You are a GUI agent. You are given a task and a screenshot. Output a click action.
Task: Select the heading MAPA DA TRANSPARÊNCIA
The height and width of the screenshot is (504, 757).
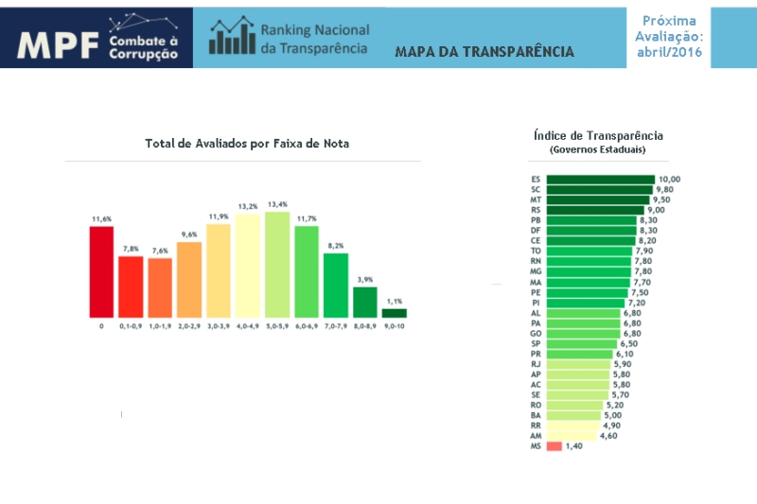coord(484,51)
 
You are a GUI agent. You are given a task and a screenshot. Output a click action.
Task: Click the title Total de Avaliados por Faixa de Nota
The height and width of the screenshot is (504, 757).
coord(247,144)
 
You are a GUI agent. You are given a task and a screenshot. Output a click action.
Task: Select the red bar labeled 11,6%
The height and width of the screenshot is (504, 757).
coord(101,271)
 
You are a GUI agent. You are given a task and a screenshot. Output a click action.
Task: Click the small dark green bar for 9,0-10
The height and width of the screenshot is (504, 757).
coord(394,312)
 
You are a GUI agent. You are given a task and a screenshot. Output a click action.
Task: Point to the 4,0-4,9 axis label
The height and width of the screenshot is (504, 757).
coord(248,326)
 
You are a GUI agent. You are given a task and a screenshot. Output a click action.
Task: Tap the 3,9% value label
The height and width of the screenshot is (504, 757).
coord(364,280)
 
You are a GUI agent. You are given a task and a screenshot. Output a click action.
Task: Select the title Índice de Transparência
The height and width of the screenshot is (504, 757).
coord(598,135)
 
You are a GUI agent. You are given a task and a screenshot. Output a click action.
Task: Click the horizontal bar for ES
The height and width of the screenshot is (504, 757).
coord(600,179)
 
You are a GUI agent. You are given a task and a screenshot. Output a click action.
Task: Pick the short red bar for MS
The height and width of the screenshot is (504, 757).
coord(554,445)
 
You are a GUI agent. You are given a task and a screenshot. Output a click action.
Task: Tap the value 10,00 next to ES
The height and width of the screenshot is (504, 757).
coord(669,179)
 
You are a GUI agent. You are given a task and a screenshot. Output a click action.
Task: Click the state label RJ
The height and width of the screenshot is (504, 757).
coord(537,364)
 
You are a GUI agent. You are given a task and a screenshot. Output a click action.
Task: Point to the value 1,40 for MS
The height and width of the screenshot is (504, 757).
coord(574,445)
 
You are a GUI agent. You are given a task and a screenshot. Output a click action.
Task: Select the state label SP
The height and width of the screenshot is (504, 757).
coord(537,344)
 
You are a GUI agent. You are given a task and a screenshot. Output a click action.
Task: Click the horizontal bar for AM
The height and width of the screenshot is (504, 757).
coord(572,435)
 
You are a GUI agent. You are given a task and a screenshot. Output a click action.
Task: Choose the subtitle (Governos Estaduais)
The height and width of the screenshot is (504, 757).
coord(598,149)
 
